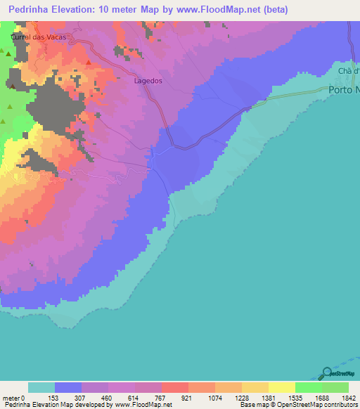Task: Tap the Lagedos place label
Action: (148, 81)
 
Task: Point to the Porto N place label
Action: (344, 90)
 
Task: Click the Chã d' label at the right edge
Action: (348, 72)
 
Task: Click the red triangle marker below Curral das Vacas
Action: (89, 62)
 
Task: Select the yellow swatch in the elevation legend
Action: (281, 387)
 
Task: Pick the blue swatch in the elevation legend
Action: (67, 387)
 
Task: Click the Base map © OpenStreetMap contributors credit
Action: (298, 404)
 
